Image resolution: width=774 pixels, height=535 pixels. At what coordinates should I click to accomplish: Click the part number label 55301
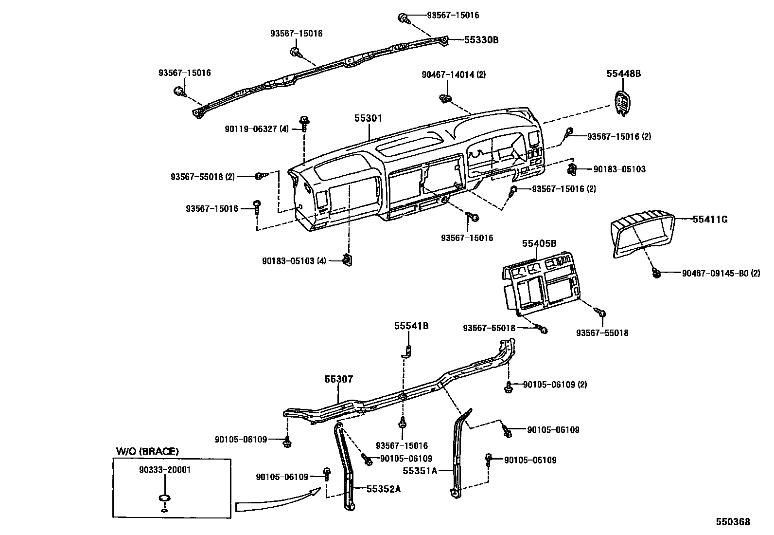point(368,118)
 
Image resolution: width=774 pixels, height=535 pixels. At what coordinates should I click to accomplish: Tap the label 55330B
point(481,40)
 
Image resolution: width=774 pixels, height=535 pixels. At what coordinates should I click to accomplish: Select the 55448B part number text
point(623,74)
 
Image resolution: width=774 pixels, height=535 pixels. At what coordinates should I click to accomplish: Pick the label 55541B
point(411,326)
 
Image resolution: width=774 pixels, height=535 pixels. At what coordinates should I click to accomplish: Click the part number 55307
point(339,379)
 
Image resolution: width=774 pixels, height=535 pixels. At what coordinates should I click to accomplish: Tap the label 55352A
point(383,489)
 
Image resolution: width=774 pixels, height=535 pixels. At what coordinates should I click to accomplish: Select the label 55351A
point(420,470)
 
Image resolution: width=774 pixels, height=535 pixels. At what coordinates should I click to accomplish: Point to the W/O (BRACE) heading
point(147,451)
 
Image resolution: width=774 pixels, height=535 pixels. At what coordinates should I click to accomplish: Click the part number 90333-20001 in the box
point(164,470)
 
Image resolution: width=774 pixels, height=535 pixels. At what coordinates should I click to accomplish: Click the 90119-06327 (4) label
point(257,129)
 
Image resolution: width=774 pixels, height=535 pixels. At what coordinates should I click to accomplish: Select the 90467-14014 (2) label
point(453,74)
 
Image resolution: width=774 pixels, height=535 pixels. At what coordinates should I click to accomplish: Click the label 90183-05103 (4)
point(294,261)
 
